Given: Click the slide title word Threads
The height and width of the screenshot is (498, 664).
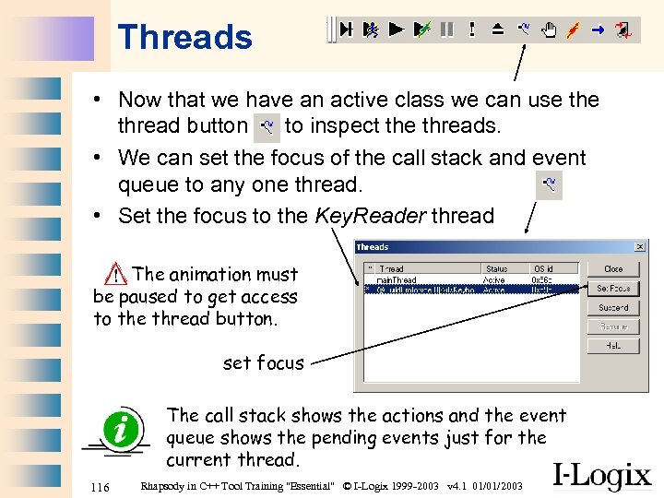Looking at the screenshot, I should (x=184, y=38).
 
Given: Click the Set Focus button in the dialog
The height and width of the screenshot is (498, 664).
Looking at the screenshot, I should (x=613, y=289).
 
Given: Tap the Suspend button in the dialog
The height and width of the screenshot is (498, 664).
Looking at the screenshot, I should (x=613, y=308).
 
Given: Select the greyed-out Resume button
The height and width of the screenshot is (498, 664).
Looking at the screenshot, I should (x=613, y=327).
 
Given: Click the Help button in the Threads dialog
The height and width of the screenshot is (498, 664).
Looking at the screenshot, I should (x=613, y=346).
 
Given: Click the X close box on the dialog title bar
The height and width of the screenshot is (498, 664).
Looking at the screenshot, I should (x=640, y=247).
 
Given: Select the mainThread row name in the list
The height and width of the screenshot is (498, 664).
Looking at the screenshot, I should (x=397, y=279).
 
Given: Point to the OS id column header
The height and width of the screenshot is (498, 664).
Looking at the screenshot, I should (x=545, y=268).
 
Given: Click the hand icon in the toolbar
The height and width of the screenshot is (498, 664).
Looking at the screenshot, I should (x=548, y=30).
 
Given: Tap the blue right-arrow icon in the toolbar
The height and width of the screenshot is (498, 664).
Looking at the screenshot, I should (x=598, y=30).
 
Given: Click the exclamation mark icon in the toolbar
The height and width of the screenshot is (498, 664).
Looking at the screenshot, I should (x=472, y=30).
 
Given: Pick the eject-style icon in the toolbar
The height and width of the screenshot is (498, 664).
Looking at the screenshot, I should (x=497, y=30).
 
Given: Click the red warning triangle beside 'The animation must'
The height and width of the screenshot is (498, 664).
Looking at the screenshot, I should (x=116, y=273).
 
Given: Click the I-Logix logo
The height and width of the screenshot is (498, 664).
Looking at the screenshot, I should (x=601, y=475).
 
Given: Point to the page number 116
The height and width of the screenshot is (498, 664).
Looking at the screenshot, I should (x=101, y=486).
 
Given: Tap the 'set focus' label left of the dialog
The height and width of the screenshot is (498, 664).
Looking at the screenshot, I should (x=263, y=363).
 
